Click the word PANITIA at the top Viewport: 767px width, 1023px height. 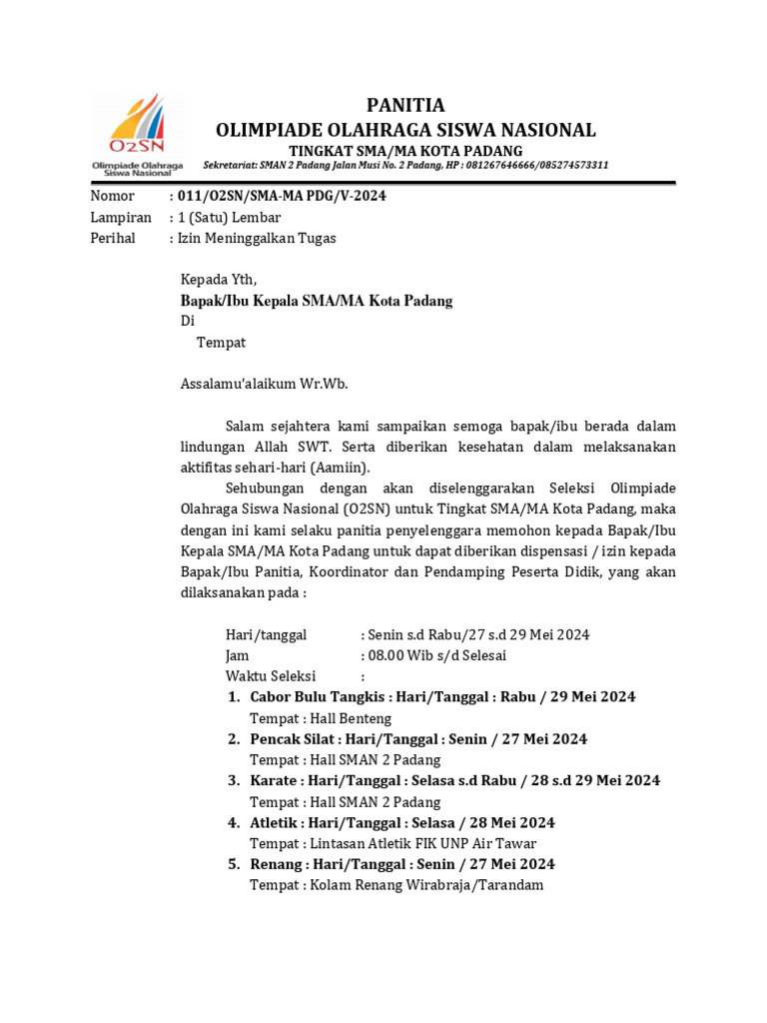[x=405, y=106]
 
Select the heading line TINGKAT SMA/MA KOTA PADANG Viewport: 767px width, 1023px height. [x=405, y=150]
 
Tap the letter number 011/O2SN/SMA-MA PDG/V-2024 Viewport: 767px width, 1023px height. [x=281, y=196]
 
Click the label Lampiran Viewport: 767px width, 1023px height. [x=121, y=217]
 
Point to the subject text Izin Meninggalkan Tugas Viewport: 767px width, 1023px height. [x=257, y=238]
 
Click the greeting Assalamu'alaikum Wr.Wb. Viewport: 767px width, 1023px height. [x=264, y=383]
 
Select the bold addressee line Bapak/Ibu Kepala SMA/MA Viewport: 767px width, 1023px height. [x=316, y=301]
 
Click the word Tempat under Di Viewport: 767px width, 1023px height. [x=221, y=343]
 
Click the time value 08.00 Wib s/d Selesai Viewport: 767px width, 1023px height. [x=436, y=655]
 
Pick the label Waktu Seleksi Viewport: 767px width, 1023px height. [x=271, y=676]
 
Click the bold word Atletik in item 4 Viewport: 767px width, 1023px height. [x=275, y=823]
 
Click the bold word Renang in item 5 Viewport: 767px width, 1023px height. [x=277, y=864]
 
